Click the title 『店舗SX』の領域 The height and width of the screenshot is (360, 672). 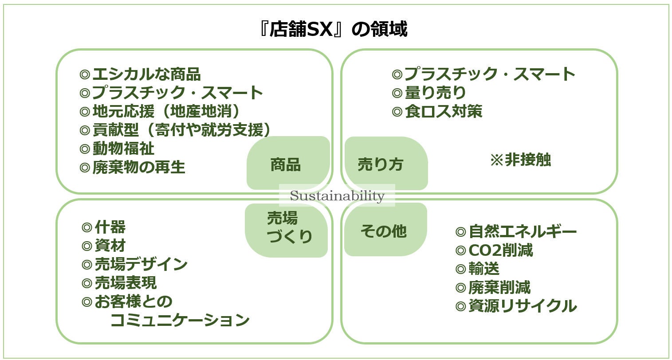coord(333,30)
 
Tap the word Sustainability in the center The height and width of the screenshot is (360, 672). coord(337,196)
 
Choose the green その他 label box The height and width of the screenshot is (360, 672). coord(385,230)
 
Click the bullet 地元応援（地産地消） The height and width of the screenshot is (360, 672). coord(161,111)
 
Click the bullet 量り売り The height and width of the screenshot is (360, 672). coord(429,93)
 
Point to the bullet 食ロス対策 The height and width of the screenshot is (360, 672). coord(437,111)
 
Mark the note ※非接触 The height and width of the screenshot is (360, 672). coord(520,160)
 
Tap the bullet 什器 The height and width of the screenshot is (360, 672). coord(104,227)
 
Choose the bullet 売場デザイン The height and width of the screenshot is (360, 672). coord(135,264)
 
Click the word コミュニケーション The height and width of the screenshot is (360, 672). coord(180,320)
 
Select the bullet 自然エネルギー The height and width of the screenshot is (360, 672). coord(516,231)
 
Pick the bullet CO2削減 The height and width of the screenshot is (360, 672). coord(494,250)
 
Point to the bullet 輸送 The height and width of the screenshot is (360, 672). coord(478,269)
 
